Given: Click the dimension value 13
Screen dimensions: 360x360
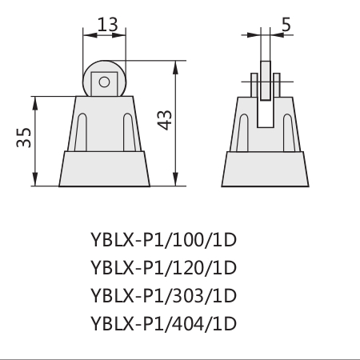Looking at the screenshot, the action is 107,25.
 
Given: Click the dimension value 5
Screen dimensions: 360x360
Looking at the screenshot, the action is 286,25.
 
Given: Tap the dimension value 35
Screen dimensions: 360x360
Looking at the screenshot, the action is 24,138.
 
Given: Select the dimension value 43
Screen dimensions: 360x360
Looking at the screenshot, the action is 165,120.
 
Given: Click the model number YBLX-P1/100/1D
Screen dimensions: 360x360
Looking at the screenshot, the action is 163,240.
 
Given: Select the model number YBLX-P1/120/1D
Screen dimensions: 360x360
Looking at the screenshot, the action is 163,268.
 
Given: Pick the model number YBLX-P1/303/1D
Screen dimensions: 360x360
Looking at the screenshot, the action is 163,296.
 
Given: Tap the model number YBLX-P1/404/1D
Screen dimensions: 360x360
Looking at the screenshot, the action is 163,324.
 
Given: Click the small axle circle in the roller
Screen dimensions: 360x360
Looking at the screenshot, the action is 104,82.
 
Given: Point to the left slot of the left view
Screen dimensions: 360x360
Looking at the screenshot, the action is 81,133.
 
